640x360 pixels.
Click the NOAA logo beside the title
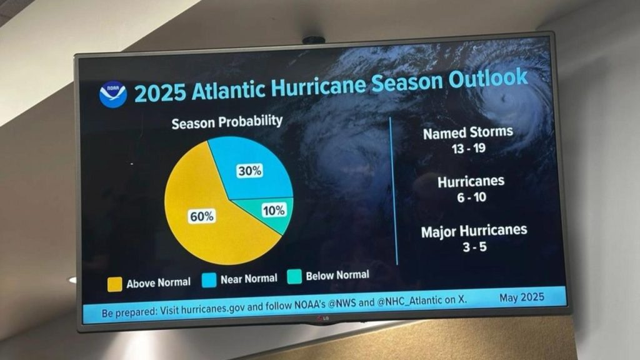112,95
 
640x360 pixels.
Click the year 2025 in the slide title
160,93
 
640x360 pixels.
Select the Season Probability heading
227,122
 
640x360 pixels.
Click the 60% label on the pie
202,216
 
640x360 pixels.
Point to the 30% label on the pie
249,170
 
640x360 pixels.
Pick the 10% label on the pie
274,211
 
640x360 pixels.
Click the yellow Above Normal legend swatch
114,284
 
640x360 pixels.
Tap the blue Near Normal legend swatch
209,280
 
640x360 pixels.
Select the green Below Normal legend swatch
294,276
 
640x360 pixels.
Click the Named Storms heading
468,132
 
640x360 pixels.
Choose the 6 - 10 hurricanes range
471,197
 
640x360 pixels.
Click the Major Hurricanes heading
474,231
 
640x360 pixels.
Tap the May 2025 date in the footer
522,297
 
